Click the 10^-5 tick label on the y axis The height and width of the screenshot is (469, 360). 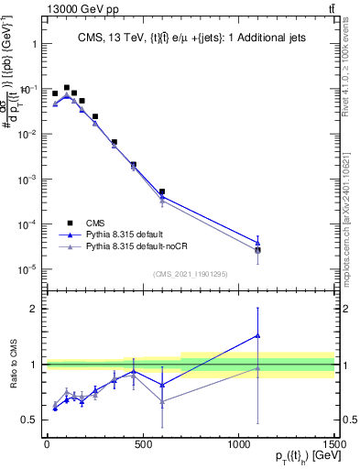coord(27,269)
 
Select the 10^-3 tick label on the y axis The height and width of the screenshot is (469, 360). coord(27,180)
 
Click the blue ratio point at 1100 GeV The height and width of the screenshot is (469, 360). coord(257,335)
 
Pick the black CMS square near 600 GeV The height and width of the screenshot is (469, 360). coord(162,191)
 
